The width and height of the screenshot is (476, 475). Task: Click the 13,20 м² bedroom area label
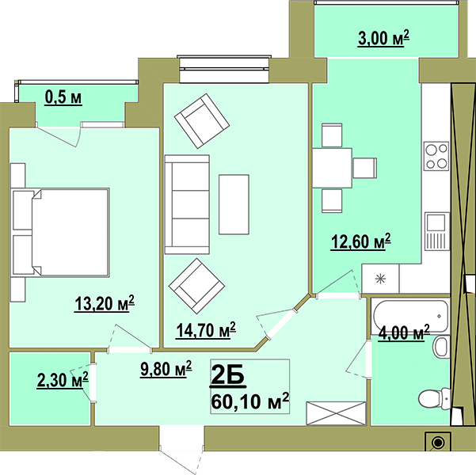coord(105,303)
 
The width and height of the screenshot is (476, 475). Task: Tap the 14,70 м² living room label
coord(206,330)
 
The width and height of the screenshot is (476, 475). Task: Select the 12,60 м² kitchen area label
coord(360,241)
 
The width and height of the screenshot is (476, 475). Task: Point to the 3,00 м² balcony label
coord(383,38)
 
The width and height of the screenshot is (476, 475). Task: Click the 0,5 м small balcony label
coord(63,97)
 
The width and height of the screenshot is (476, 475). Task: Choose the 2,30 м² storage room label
coord(63,380)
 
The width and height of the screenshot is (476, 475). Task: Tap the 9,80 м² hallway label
coord(166,369)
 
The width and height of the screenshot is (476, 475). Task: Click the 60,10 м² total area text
coord(249,401)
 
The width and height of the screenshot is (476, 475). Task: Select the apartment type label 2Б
coord(227,376)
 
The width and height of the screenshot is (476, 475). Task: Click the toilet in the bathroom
coord(433,397)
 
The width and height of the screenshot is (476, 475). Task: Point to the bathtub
coord(410,316)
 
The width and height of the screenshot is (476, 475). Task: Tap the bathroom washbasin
coord(442,347)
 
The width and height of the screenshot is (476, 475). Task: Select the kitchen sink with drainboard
coord(437,231)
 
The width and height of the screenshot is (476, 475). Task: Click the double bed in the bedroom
coord(60,233)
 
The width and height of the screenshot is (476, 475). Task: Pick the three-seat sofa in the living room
coord(187,204)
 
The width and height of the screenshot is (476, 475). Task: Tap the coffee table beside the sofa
coord(234,204)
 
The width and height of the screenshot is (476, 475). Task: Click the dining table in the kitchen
coord(332,168)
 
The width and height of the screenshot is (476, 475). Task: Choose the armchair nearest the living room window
coord(202,121)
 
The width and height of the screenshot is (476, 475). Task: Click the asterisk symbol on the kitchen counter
coord(380,279)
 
